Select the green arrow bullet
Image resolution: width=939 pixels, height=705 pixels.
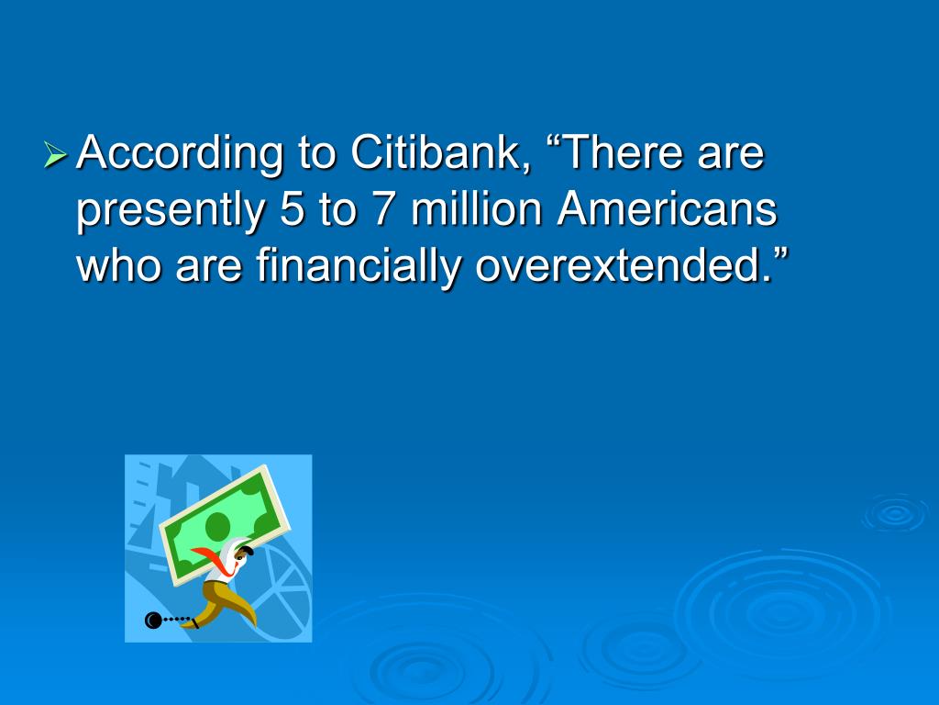pos(55,154)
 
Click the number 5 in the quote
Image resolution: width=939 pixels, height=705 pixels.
pos(292,209)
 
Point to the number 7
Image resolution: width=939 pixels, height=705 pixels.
pos(384,209)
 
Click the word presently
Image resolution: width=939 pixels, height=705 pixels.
pos(171,212)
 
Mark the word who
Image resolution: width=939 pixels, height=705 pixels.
pos(118,264)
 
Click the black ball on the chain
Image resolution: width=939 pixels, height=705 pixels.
pos(153,621)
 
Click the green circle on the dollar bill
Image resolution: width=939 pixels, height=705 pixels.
pos(217,526)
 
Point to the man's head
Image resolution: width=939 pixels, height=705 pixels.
pos(242,551)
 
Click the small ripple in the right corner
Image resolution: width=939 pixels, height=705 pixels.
pos(895,513)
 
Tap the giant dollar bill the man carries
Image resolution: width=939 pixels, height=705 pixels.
pos(225,524)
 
